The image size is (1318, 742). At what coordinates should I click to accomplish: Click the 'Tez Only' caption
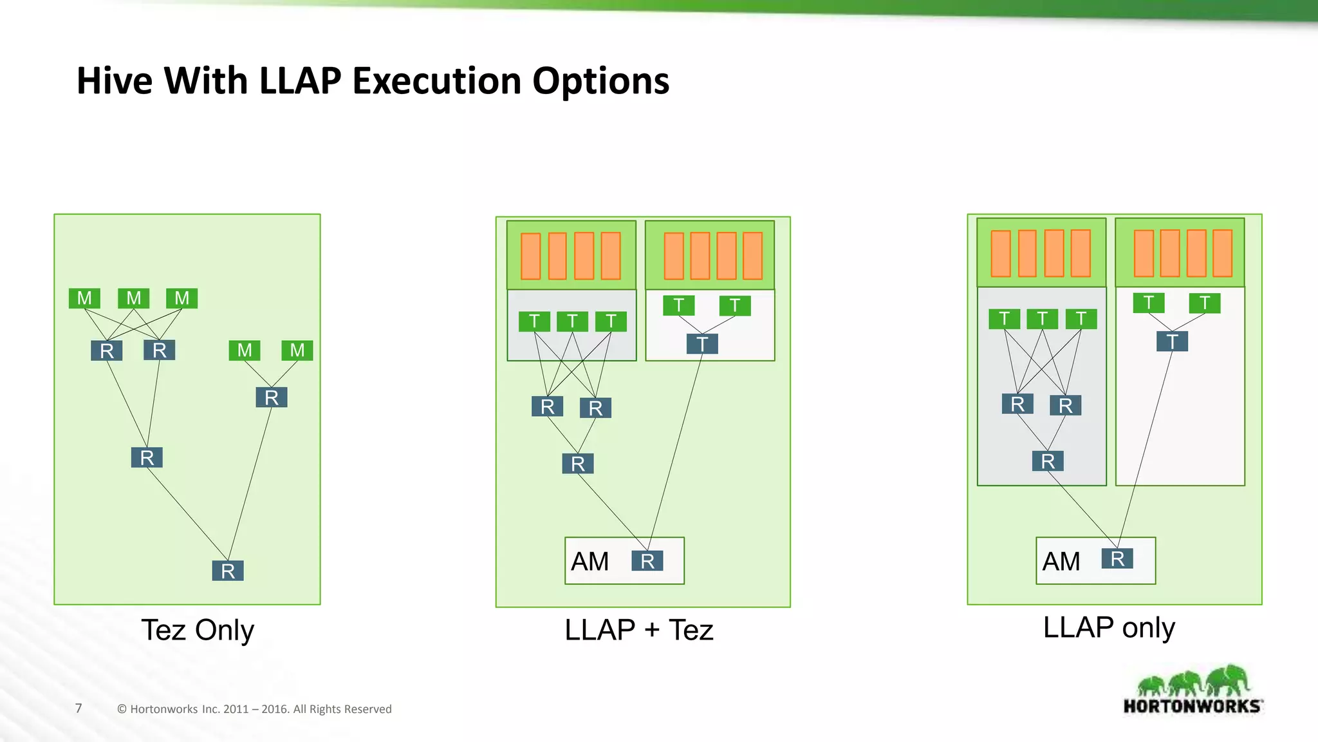tap(198, 630)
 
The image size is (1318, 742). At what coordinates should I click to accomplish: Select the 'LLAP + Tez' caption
tap(638, 630)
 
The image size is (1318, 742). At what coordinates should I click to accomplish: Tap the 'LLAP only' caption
tap(1109, 627)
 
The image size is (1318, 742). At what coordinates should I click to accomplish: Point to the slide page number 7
tap(79, 709)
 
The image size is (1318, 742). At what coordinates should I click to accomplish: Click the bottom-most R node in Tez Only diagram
tap(228, 571)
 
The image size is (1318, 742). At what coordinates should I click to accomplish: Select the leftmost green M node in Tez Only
tap(84, 298)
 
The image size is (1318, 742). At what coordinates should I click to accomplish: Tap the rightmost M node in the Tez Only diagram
tap(297, 350)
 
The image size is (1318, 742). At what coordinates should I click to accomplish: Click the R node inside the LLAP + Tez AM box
tap(647, 561)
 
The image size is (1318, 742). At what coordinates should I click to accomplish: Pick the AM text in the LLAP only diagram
tap(1061, 562)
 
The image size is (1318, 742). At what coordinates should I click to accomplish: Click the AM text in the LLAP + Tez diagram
tap(589, 562)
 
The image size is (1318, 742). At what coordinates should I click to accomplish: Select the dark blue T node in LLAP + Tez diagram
tap(702, 344)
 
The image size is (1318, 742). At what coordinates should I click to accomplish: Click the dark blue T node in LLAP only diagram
tap(1172, 341)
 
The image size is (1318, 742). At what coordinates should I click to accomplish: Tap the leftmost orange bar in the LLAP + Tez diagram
tap(531, 256)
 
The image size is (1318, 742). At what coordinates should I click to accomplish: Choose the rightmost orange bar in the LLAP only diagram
tap(1222, 253)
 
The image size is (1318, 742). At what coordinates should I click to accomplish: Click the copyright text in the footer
tap(254, 709)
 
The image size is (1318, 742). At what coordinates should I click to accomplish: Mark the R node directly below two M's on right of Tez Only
tap(272, 397)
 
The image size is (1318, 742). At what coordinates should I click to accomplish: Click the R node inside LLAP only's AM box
tap(1117, 558)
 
